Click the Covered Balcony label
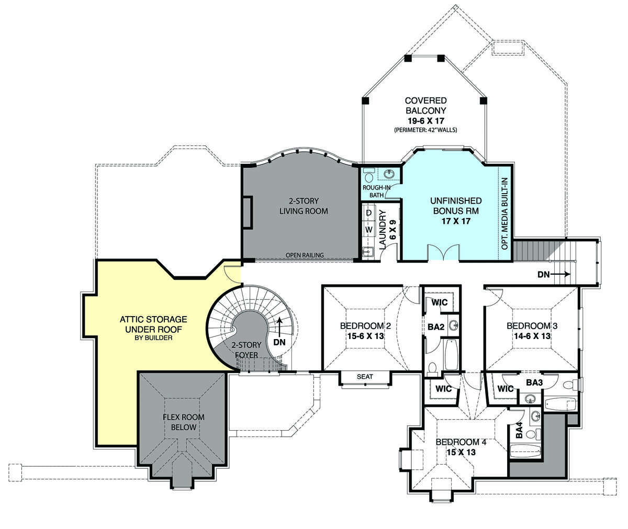pos(425,106)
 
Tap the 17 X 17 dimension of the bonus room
pos(456,221)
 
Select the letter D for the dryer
pos(369,213)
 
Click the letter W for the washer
pos(369,230)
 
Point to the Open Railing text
pos(305,255)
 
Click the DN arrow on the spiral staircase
pos(279,328)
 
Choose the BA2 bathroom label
pos(435,327)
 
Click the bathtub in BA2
pos(451,355)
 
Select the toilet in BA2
pos(432,369)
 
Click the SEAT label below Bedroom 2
pos(365,377)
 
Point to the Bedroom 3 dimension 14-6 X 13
pos(532,336)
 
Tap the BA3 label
pos(534,382)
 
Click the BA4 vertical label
pos(519,430)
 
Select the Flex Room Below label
pos(184,422)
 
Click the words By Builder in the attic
pos(153,337)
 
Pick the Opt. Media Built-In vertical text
pos(504,213)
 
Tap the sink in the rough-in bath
pos(389,174)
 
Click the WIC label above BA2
pos(440,302)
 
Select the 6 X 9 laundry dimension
pos(392,230)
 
